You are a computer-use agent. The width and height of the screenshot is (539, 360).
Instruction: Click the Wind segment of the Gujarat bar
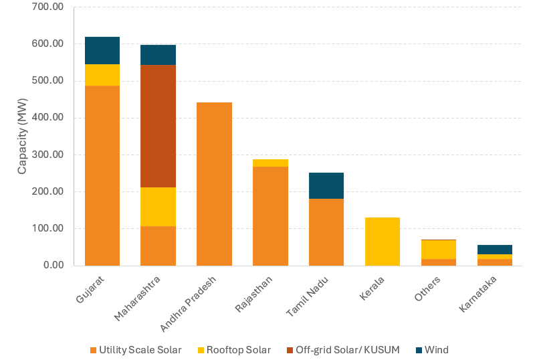pos(102,51)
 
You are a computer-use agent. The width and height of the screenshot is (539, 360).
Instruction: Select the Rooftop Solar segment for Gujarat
pos(102,75)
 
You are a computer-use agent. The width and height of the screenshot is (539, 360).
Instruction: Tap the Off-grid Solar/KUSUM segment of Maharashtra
pos(158,126)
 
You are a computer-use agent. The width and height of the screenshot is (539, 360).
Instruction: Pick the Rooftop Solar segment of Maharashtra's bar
pos(158,207)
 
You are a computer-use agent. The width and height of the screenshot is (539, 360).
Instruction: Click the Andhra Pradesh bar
pos(214,184)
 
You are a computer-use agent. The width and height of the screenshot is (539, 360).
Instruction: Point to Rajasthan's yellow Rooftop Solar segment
pos(270,163)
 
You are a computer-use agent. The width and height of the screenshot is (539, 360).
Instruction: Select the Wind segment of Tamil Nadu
pos(326,185)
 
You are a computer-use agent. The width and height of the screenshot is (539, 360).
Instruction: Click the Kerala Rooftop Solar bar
pos(383,242)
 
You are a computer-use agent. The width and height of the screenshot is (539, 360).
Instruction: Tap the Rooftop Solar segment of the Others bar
pos(439,250)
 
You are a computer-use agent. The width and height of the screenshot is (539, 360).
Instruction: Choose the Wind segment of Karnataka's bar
pos(495,250)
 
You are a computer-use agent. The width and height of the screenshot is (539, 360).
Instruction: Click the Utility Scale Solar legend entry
pos(136,350)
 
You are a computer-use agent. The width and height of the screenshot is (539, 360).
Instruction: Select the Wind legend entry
pos(433,350)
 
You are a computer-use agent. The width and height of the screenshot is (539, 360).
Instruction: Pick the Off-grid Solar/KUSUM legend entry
pos(343,350)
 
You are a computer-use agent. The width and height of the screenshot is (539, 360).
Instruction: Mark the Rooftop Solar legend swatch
pos(201,351)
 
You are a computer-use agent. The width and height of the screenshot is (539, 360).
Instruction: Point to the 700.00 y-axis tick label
pos(47,7)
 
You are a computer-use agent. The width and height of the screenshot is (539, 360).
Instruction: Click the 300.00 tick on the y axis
pos(47,155)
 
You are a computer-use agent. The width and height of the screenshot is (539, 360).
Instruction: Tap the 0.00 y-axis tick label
pos(53,265)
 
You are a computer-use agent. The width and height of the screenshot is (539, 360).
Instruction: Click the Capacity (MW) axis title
pos(22,137)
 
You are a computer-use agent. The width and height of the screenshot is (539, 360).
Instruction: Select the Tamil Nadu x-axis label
pos(308,296)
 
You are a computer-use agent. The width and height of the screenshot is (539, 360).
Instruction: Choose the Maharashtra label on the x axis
pos(137,298)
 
